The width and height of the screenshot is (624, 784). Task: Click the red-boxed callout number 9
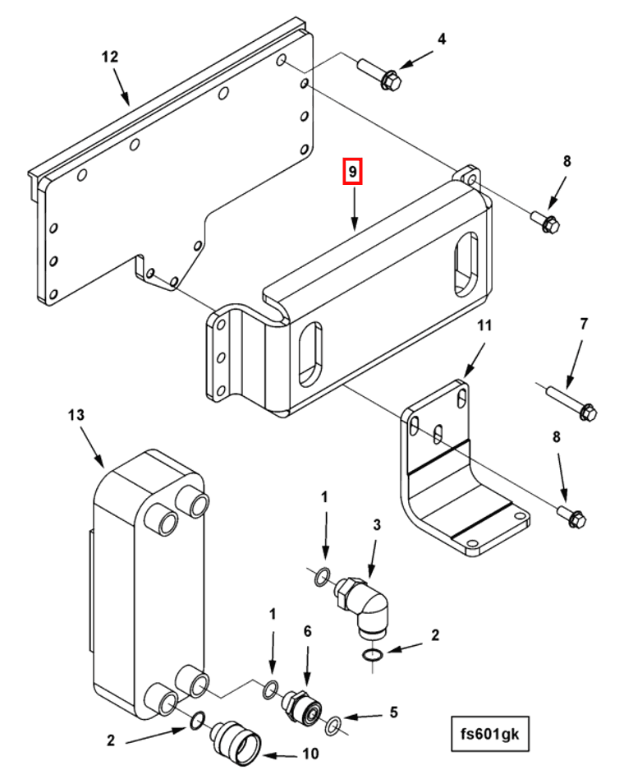[352, 172]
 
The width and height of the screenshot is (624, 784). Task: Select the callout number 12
[110, 57]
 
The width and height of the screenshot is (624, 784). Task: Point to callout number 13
[76, 416]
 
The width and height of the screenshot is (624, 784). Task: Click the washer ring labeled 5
[333, 725]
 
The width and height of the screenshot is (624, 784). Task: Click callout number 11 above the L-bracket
[484, 326]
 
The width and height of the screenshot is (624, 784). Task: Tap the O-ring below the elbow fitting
[372, 655]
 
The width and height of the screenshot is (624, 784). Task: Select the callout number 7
[584, 324]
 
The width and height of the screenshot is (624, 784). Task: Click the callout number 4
[442, 39]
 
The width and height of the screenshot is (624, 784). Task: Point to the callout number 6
[308, 631]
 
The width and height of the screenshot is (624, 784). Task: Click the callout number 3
[377, 524]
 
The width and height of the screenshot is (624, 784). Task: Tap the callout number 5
[393, 712]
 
